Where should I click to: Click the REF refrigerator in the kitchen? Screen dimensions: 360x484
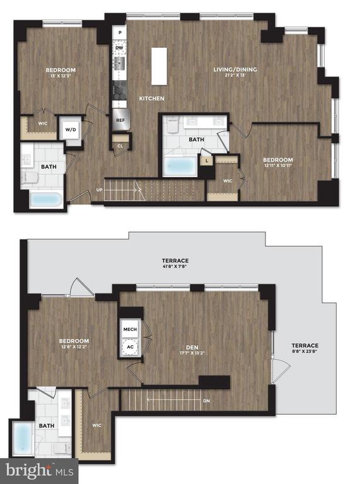pyautogui.click(x=120, y=120)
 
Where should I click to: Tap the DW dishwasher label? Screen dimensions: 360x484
pyautogui.click(x=120, y=48)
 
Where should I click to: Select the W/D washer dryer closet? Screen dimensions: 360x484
pyautogui.click(x=71, y=130)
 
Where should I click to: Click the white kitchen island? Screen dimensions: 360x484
pyautogui.click(x=159, y=66)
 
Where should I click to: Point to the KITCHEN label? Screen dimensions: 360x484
pyautogui.click(x=151, y=98)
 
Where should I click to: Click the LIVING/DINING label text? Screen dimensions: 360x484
pyautogui.click(x=235, y=69)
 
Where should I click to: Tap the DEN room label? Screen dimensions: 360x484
pyautogui.click(x=192, y=347)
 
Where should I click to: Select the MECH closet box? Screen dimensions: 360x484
pyautogui.click(x=130, y=330)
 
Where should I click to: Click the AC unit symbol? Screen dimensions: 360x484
pyautogui.click(x=131, y=347)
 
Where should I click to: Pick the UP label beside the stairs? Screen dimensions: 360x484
pyautogui.click(x=100, y=190)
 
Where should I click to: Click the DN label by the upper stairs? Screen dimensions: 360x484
pyautogui.click(x=207, y=401)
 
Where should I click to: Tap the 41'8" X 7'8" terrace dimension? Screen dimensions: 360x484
pyautogui.click(x=175, y=266)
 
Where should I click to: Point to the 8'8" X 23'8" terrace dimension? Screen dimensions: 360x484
pyautogui.click(x=305, y=351)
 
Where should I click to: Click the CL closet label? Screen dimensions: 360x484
pyautogui.click(x=120, y=146)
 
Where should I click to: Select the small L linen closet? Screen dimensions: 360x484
pyautogui.click(x=207, y=161)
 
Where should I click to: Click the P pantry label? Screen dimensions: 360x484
pyautogui.click(x=120, y=32)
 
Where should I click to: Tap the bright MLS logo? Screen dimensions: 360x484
pyautogui.click(x=40, y=471)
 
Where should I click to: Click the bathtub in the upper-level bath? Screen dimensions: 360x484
pyautogui.click(x=23, y=438)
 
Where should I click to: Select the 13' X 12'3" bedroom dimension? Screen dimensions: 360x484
pyautogui.click(x=61, y=76)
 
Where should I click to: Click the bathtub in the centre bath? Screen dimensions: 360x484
pyautogui.click(x=180, y=166)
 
